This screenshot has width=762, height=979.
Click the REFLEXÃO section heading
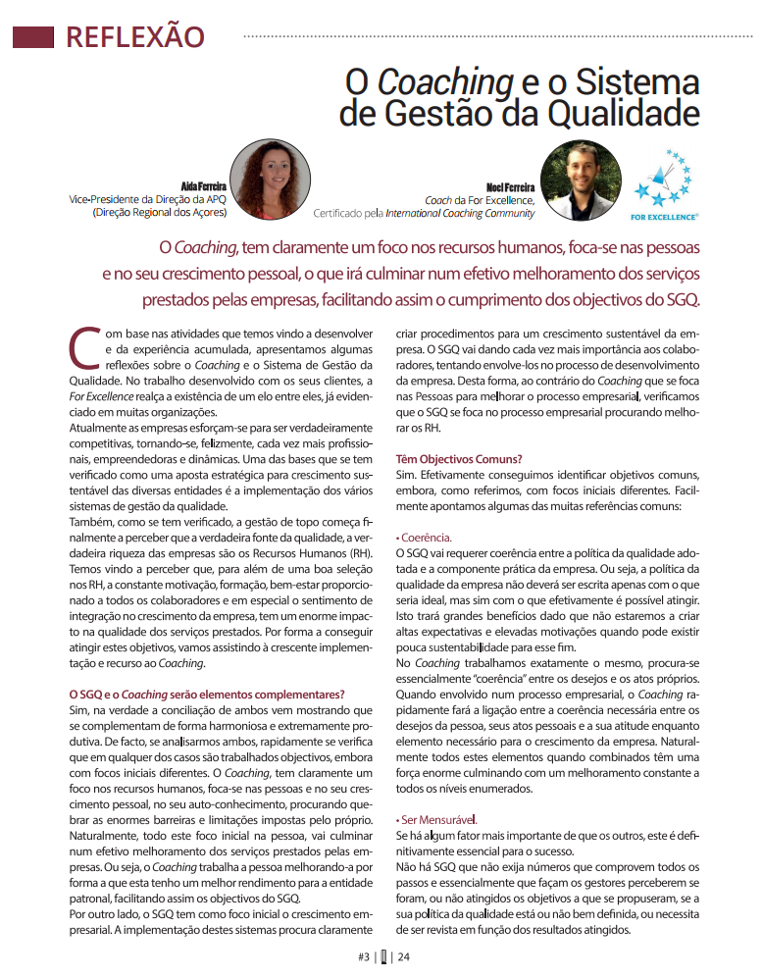pyautogui.click(x=134, y=36)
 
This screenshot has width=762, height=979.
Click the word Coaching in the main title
pyautogui.click(x=431, y=79)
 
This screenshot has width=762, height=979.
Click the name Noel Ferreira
pyautogui.click(x=510, y=184)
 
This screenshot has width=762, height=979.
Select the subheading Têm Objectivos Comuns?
pyautogui.click(x=458, y=458)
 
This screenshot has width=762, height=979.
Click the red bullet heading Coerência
pyautogui.click(x=426, y=538)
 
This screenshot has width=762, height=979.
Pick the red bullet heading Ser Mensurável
pyautogui.click(x=437, y=819)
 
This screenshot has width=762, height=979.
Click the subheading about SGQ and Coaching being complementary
pyautogui.click(x=207, y=695)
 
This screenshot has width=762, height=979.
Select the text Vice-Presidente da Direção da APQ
pyautogui.click(x=146, y=197)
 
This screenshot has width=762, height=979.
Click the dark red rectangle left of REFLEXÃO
pyautogui.click(x=32, y=37)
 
